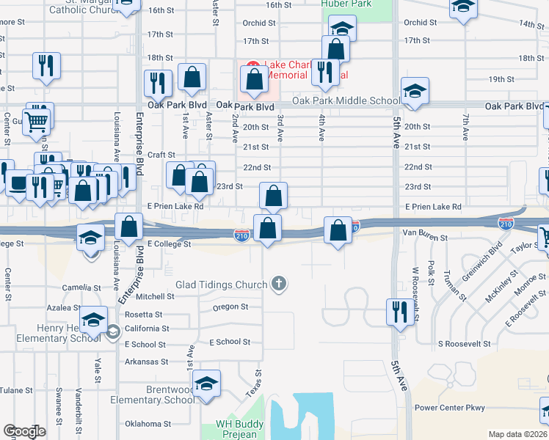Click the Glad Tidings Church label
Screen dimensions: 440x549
point(222,284)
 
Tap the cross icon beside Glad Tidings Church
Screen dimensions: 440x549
point(278,283)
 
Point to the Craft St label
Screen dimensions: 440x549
point(161,155)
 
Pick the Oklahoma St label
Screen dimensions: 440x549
point(148,424)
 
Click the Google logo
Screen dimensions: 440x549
point(23,431)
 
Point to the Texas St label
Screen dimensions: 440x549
point(252,384)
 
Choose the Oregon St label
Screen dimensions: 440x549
point(230,307)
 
